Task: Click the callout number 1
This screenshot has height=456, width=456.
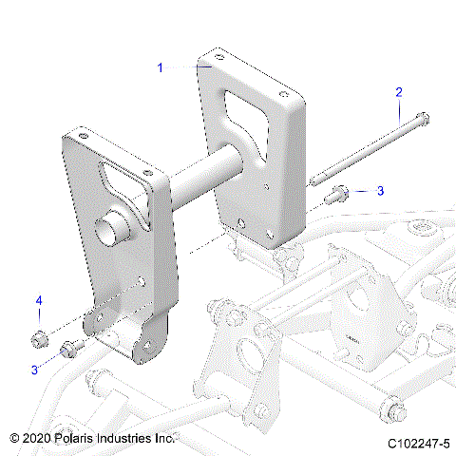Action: click(x=161, y=67)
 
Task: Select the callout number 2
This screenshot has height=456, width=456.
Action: click(x=399, y=92)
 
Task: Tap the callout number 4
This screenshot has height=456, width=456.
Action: click(x=40, y=301)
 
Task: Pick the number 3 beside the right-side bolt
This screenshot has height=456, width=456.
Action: click(x=380, y=191)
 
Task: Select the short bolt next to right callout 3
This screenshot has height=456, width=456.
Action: click(x=337, y=195)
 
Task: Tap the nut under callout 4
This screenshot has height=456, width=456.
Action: click(x=40, y=336)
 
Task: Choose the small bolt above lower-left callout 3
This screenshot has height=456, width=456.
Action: click(x=70, y=348)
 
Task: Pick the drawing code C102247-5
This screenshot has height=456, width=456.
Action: click(x=418, y=443)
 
